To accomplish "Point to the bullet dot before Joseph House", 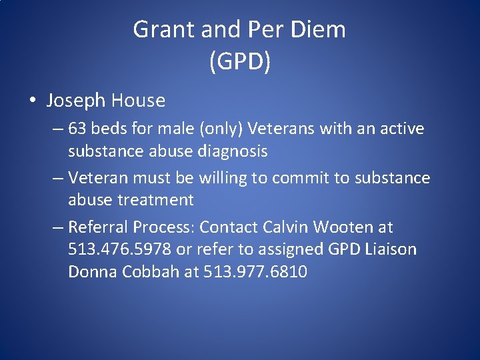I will pyautogui.click(x=33, y=101).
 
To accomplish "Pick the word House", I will pyautogui.click(x=138, y=101).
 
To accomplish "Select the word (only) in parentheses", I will pyautogui.click(x=221, y=129).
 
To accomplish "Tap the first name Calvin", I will pyautogui.click(x=285, y=227).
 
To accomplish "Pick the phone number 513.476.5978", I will pyautogui.click(x=120, y=250).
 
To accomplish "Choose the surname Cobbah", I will pyautogui.click(x=150, y=272).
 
